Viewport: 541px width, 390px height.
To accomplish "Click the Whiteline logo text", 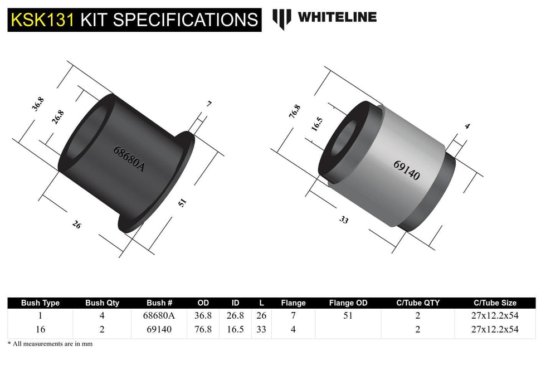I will [337, 17].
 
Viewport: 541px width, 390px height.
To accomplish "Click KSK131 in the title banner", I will [43, 20].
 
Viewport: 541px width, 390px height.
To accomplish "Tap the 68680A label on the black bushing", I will [129, 159].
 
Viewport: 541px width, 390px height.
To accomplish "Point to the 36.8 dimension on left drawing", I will [38, 104].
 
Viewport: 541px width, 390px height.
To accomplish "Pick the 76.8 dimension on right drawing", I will [294, 111].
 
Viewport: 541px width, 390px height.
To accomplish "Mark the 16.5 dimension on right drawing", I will [317, 124].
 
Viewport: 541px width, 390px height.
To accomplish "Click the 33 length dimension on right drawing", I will [344, 220].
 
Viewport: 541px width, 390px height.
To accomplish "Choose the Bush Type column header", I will [40, 303].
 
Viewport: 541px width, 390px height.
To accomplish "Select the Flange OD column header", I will [348, 303].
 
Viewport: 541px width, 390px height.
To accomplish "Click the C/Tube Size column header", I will [495, 303].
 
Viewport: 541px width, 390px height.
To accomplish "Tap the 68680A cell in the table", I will [159, 316].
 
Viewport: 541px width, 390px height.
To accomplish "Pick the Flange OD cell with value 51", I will [348, 316].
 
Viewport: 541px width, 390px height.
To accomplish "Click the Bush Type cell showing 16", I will [40, 329].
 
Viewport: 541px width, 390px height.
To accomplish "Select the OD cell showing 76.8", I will [203, 329].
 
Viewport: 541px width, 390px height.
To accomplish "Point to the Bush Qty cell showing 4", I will [102, 316].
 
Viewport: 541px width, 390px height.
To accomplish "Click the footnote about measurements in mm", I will [50, 344].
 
